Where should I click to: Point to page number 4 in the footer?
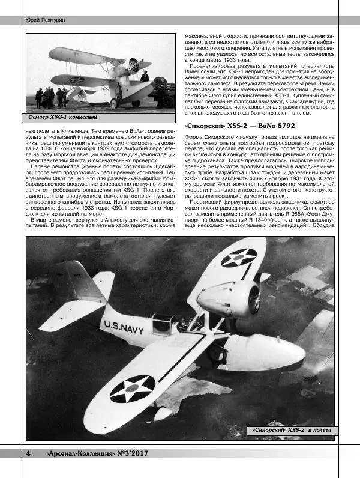tap(28, 453)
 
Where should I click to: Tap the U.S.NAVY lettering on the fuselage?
tap(124, 328)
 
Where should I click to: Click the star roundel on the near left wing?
tap(133, 388)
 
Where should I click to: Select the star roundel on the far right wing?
tap(239, 257)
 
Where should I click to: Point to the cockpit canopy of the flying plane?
tap(163, 324)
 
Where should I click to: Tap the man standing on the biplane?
tap(145, 76)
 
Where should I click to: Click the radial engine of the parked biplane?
tap(134, 65)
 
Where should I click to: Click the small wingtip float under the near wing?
tap(161, 413)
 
